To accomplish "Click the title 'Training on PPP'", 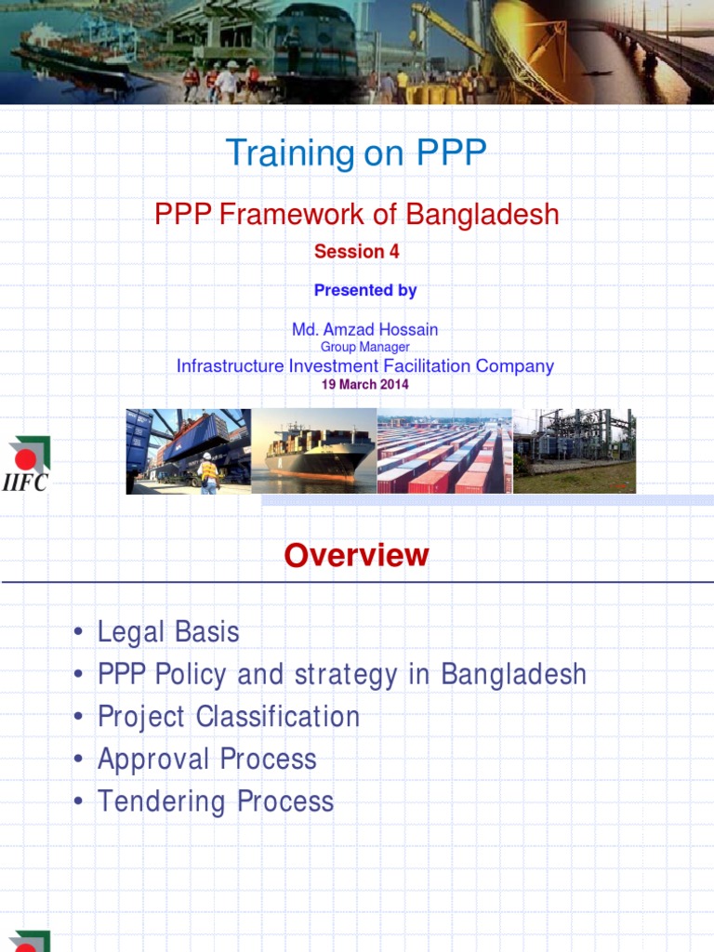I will click(356, 153).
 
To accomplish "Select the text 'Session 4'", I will click(356, 252).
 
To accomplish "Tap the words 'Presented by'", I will click(364, 290).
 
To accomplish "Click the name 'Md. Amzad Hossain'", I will click(364, 329).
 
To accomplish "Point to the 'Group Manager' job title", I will click(364, 347).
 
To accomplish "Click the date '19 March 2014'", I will click(364, 384).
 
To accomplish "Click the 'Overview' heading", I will click(356, 555).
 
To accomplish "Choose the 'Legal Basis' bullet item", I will click(168, 632).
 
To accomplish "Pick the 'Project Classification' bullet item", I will click(229, 717).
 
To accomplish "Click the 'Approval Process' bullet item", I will click(207, 760).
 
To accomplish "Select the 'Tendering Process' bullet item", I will click(216, 801).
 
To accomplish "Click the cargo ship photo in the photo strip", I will click(314, 452).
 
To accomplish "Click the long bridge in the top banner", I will click(651, 46).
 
